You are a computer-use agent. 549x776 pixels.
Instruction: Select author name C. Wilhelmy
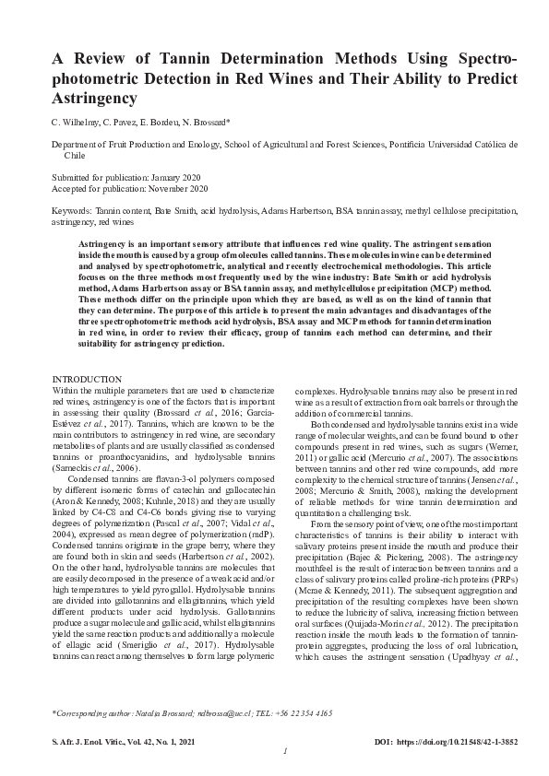pyautogui.click(x=76, y=122)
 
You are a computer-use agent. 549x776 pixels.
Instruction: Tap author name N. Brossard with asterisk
pyautogui.click(x=230, y=122)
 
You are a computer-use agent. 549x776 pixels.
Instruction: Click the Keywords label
pyautogui.click(x=72, y=211)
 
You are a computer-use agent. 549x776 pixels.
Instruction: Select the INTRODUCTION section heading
pyautogui.click(x=87, y=380)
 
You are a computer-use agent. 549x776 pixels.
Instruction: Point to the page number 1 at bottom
pyautogui.click(x=285, y=751)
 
